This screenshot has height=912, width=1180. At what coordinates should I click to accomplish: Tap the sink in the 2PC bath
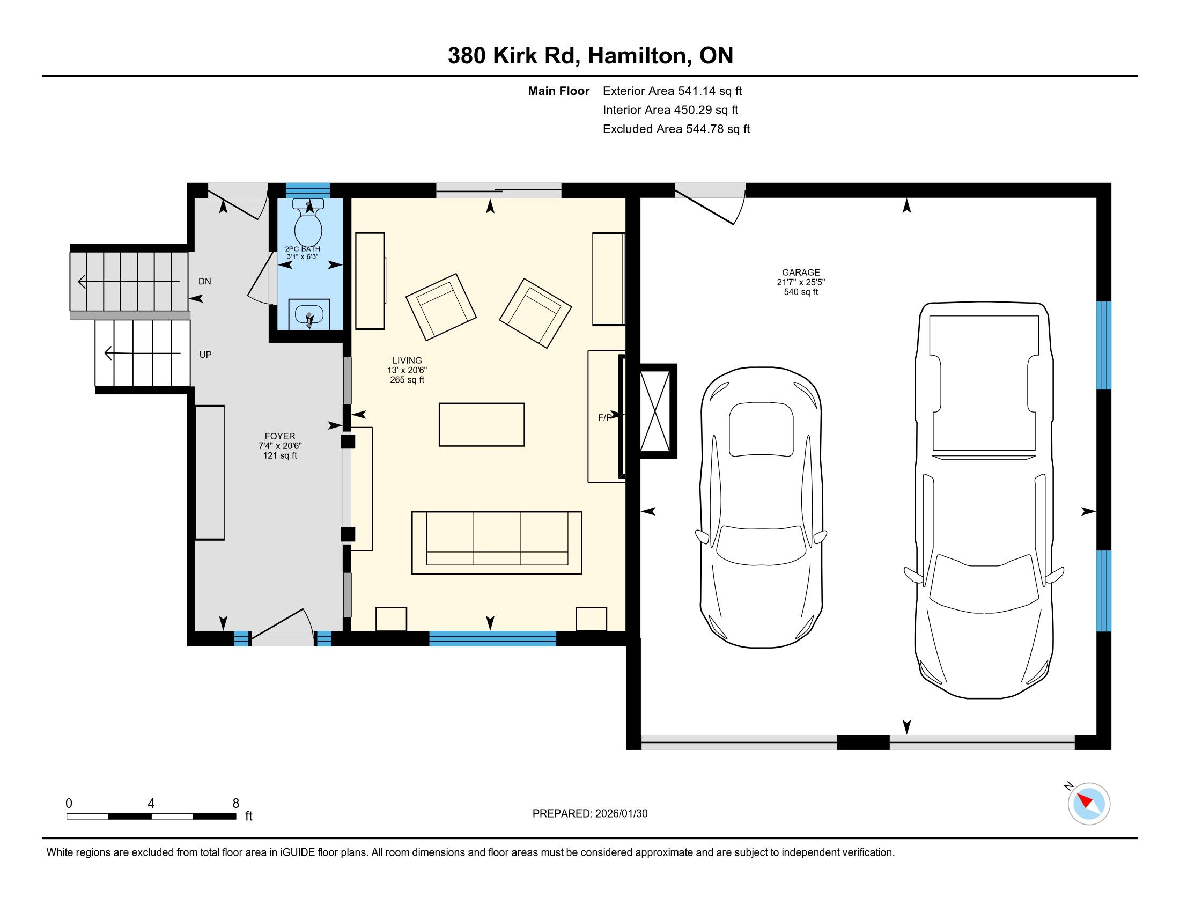coord(309,314)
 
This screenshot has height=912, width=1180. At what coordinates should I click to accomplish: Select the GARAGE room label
coord(801,273)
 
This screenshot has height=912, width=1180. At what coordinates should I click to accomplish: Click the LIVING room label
coord(407,361)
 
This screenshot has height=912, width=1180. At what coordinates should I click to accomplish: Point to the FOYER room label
coord(280,436)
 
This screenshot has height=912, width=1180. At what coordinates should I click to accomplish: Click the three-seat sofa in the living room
coord(497,542)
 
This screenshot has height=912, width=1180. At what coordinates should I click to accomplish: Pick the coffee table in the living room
coord(482,425)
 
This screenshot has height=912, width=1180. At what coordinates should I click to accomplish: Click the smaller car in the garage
coord(761,507)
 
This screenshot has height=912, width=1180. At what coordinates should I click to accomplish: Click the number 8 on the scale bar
coord(235,804)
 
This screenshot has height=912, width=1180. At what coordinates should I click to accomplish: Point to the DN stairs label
coord(205,282)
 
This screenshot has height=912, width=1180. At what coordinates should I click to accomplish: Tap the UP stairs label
coord(205,355)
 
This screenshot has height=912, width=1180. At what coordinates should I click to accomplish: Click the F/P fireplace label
coord(604,417)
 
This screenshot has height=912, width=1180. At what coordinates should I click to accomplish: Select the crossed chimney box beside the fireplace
coord(655,411)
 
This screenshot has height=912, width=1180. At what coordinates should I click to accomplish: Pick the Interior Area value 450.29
coord(692,110)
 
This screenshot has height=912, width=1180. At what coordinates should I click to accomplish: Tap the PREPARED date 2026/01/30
coord(621,813)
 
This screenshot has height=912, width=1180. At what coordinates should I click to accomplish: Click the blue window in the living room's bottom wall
coord(492,638)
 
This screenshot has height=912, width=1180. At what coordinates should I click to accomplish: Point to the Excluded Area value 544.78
coord(705,129)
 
